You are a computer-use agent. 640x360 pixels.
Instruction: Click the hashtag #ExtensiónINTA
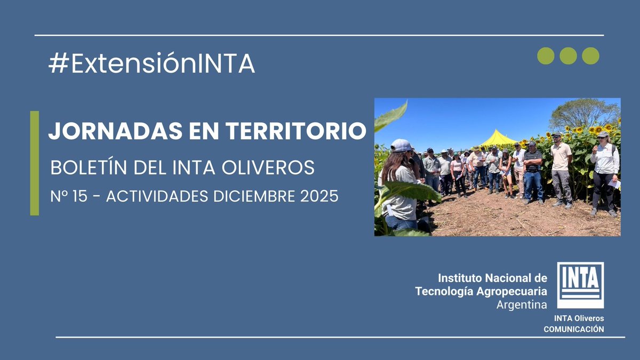(x=151, y=64)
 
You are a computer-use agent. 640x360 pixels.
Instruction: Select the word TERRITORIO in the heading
(x=299, y=131)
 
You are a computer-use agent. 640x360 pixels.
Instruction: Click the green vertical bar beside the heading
(x=35, y=163)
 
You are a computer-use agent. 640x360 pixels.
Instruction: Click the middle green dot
(x=568, y=55)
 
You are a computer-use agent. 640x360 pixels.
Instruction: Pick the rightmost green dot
(x=590, y=55)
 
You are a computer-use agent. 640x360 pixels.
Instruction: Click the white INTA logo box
(x=580, y=285)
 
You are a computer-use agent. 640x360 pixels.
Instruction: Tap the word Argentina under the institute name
(x=521, y=305)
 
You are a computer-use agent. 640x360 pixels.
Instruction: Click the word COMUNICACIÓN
(x=574, y=329)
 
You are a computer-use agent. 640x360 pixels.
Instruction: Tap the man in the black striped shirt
(x=532, y=171)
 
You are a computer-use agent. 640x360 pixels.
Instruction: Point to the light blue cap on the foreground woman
(x=402, y=145)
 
